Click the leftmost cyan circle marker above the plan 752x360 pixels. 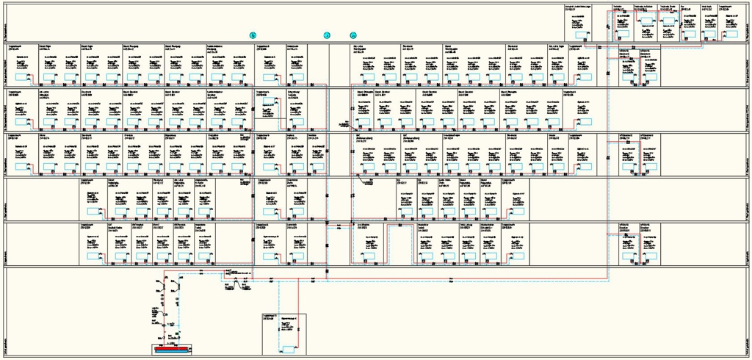(253, 35)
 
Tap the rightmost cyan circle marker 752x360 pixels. (353, 35)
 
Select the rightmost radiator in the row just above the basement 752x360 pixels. (649, 257)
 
